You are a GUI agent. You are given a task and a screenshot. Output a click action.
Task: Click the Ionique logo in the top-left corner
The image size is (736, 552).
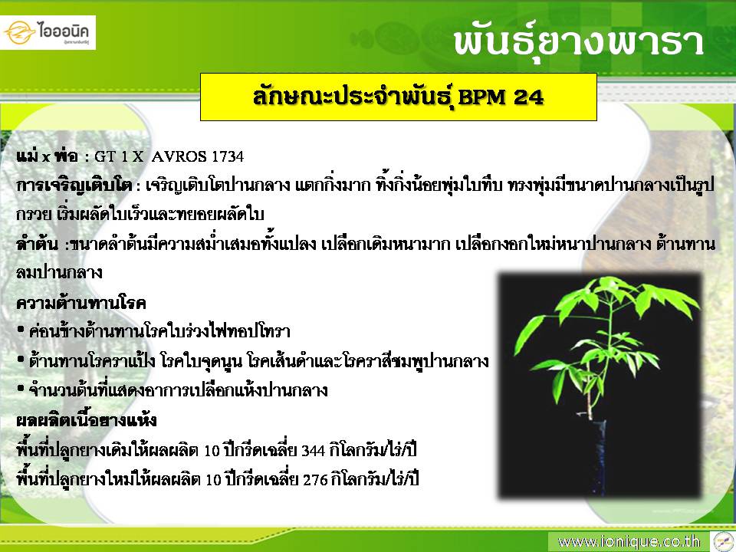(48, 32)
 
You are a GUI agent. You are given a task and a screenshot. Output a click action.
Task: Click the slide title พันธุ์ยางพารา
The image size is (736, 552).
(578, 42)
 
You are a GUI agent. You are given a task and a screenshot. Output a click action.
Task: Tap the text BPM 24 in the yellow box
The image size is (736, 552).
(501, 97)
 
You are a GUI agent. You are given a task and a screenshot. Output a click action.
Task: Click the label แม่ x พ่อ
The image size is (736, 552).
(47, 156)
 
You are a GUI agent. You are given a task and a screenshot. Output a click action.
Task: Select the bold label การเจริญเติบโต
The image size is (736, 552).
(74, 186)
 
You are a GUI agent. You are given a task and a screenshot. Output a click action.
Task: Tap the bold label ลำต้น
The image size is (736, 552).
(37, 244)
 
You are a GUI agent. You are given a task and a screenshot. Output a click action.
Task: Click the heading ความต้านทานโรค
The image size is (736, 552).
(80, 303)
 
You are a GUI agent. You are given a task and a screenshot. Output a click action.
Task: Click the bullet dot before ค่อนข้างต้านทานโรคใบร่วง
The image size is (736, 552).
(21, 330)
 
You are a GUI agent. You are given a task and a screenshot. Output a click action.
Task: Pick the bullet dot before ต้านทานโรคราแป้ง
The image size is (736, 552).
(21, 360)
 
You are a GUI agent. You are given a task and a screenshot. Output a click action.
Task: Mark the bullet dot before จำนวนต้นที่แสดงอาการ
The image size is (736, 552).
(21, 389)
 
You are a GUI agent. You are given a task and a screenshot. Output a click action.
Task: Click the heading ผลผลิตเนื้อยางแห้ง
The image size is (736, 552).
(87, 419)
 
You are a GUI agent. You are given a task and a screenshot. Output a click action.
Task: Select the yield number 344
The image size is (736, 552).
(313, 451)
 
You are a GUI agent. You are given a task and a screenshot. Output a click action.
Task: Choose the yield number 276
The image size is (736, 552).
(315, 480)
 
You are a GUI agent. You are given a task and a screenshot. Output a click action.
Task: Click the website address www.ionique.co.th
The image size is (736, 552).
(629, 542)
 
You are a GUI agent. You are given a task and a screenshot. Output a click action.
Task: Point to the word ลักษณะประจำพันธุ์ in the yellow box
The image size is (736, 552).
(353, 97)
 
